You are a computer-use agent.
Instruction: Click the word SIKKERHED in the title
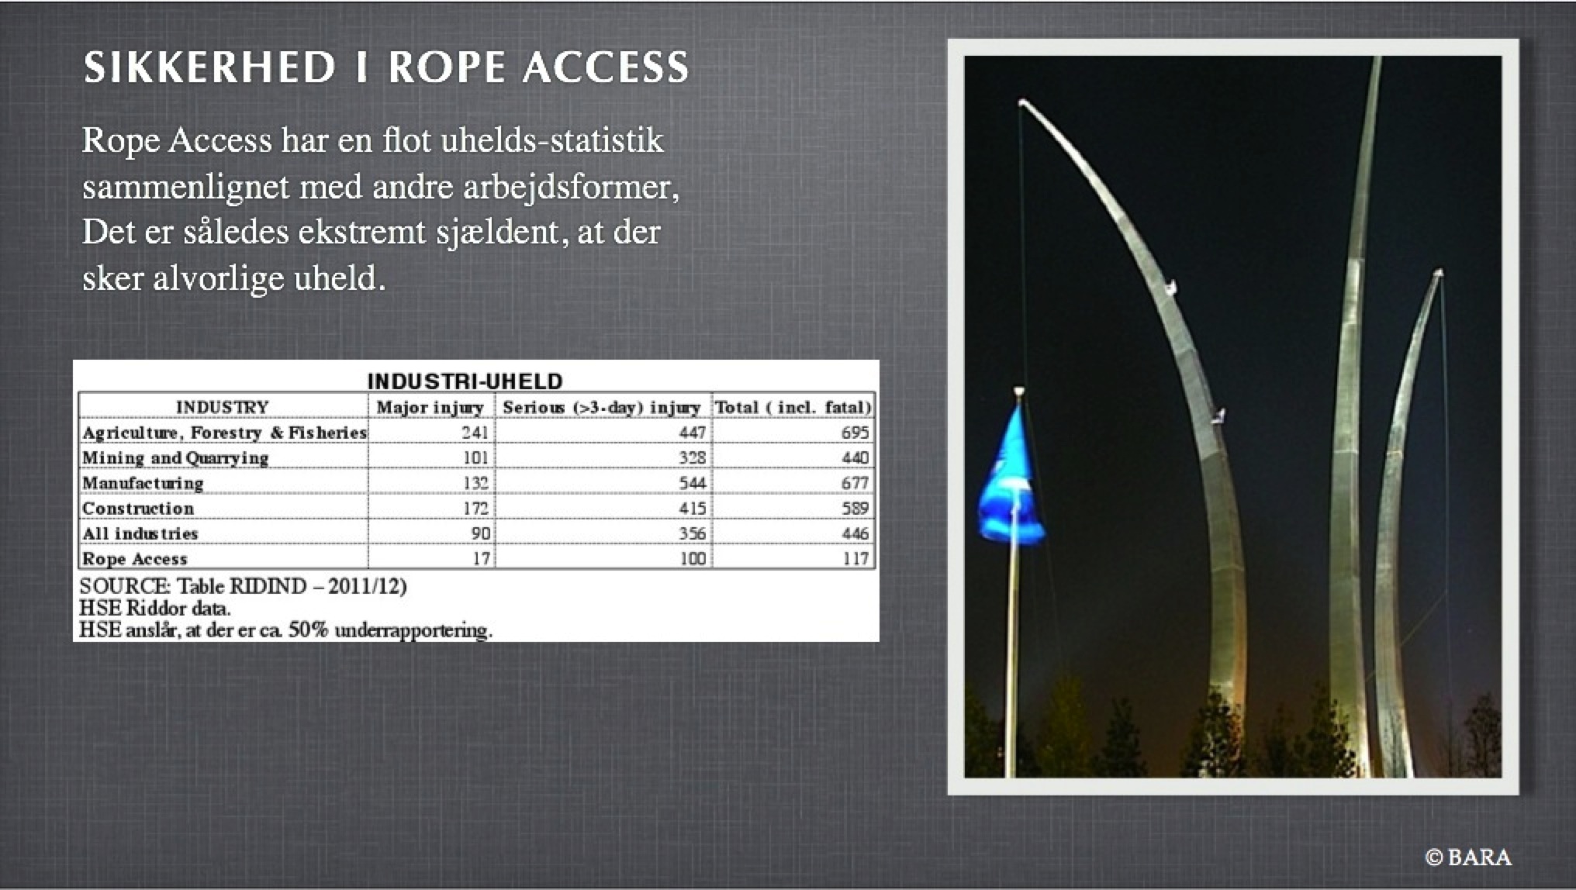point(209,67)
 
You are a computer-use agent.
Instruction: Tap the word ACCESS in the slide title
point(606,67)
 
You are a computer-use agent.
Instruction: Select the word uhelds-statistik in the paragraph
point(551,140)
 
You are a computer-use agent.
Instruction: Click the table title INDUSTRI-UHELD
point(465,381)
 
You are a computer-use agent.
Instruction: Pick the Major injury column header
point(430,407)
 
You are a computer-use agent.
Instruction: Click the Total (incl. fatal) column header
point(793,407)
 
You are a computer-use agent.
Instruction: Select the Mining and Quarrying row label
point(175,457)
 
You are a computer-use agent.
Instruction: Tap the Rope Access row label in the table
point(135,558)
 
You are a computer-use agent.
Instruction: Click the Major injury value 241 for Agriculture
point(475,432)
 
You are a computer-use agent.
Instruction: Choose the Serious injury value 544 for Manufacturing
point(693,482)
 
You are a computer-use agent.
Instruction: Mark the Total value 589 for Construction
point(855,508)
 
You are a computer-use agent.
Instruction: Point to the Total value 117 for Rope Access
point(856,558)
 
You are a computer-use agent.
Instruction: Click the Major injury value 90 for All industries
point(480,533)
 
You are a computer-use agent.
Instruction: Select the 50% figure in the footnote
point(309,630)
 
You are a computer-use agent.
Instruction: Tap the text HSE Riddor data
point(155,608)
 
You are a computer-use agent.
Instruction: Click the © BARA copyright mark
point(1468,857)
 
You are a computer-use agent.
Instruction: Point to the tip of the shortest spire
point(1439,273)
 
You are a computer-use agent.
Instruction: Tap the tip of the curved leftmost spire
point(1023,102)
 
